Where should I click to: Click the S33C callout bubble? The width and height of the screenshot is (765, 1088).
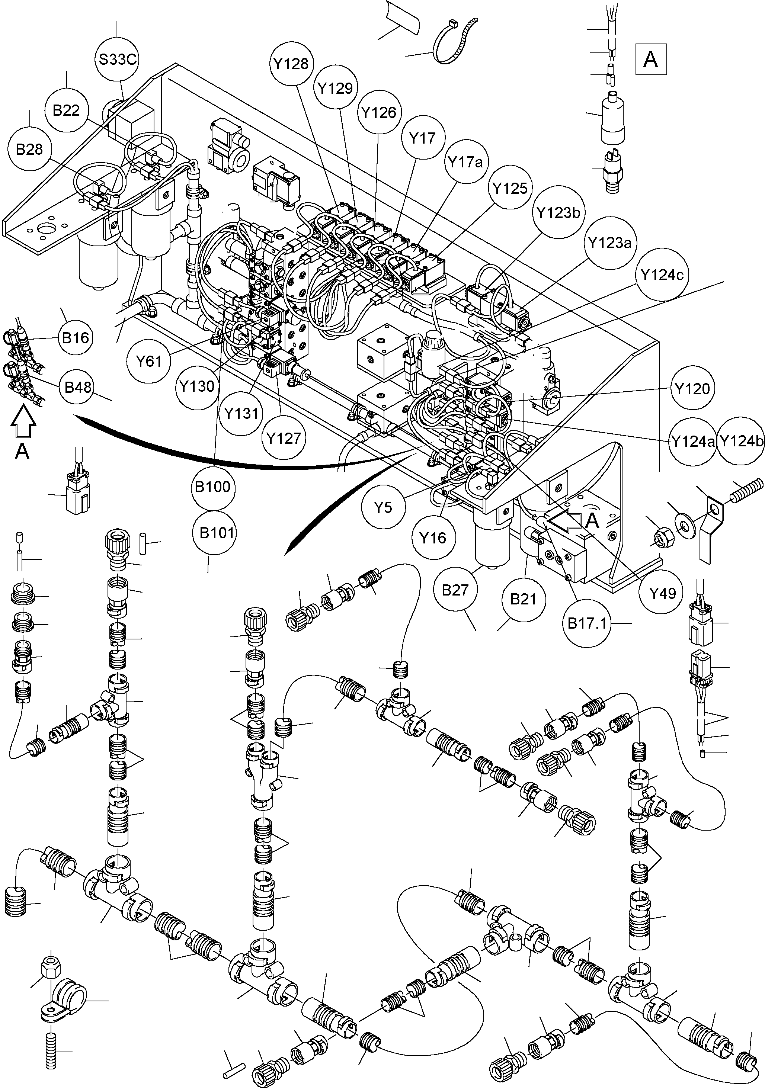point(117,60)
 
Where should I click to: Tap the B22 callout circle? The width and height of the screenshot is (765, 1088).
point(66,110)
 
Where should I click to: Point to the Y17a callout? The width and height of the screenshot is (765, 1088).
point(465,163)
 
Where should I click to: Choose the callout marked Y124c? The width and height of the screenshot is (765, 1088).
point(661,275)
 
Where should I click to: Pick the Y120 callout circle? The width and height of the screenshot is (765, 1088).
point(692,389)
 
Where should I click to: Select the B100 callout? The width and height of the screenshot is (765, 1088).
point(213,487)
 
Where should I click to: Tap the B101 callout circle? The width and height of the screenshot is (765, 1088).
point(217,533)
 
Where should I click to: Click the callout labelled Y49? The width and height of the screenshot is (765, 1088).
point(662,593)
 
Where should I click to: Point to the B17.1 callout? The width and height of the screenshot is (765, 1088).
point(587,623)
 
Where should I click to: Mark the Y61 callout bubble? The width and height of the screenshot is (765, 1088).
point(149,362)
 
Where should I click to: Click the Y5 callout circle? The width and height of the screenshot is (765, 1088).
point(383,507)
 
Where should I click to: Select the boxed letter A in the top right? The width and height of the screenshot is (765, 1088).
point(651,59)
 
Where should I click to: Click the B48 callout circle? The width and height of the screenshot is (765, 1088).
point(78,387)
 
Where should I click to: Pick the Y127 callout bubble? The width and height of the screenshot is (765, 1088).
point(284,438)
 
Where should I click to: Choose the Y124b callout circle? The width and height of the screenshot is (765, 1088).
point(741,441)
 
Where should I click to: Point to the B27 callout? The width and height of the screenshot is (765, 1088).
point(455,590)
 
